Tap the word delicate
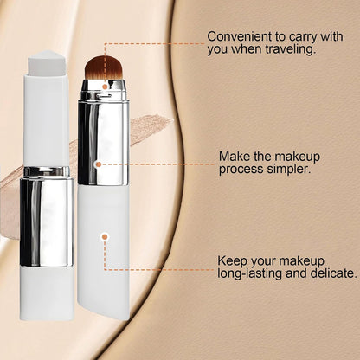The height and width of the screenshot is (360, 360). [331, 273]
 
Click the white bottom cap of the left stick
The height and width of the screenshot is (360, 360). [46, 280]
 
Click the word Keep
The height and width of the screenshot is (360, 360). [234, 259]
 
